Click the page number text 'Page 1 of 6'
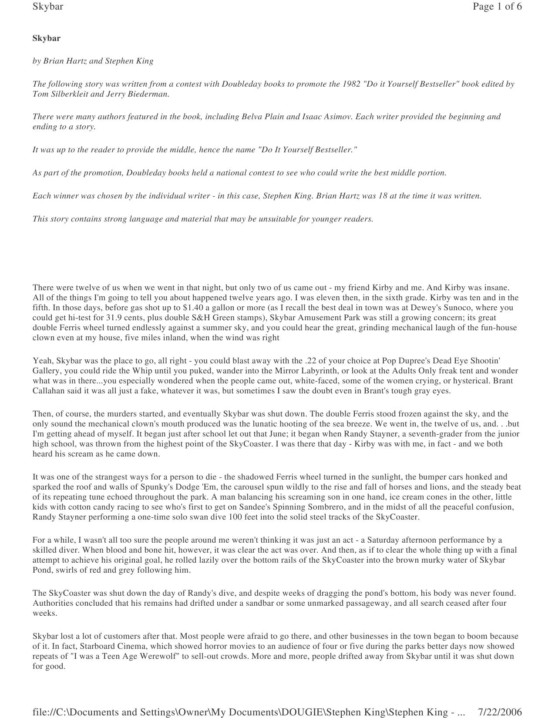(497, 7)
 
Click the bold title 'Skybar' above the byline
(47, 38)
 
